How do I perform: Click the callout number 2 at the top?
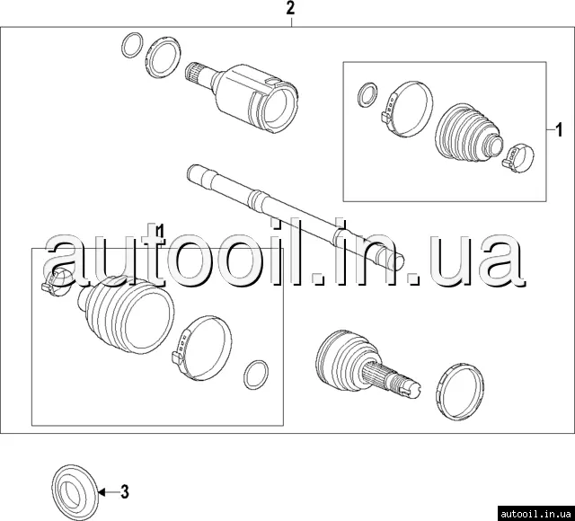coord(290,8)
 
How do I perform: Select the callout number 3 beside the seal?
coord(125,491)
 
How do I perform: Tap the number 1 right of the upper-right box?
coord(559,129)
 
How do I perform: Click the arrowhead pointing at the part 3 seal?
coord(102,492)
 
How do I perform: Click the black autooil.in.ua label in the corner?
coord(535,513)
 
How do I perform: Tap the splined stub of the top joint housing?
coord(198,75)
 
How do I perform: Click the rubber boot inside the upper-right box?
coord(467,133)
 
